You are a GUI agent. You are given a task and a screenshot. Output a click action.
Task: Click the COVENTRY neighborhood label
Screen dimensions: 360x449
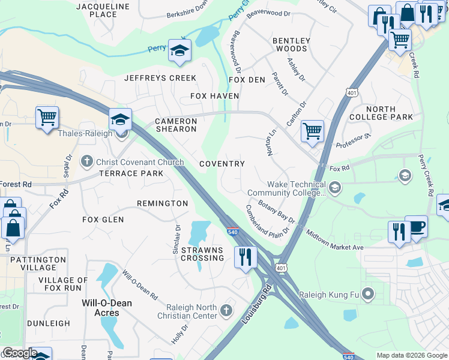(221, 164)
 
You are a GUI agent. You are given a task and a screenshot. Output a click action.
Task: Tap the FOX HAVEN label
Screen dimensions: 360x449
(215, 96)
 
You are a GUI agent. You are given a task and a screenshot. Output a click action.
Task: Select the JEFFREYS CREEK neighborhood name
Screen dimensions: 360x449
(160, 78)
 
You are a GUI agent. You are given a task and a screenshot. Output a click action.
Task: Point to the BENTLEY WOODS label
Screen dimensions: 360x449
(291, 45)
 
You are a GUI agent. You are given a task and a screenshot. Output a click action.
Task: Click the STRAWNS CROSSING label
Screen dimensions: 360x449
(202, 254)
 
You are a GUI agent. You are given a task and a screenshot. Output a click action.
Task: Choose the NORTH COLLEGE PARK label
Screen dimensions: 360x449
(381, 113)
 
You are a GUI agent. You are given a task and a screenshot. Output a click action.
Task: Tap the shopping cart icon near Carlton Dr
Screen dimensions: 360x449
(312, 130)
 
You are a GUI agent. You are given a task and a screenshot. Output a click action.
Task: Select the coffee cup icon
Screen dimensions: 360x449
(416, 227)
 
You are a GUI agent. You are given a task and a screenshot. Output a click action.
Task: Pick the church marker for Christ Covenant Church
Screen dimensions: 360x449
(87, 162)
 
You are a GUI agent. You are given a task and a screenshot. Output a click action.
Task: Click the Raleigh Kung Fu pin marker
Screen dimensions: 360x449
(369, 295)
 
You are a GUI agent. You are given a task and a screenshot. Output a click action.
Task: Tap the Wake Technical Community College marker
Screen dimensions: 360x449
(335, 189)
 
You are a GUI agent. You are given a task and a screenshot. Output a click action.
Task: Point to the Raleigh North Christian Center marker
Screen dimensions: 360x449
(226, 310)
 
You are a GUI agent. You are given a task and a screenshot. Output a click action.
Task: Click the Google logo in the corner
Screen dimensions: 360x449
(19, 353)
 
